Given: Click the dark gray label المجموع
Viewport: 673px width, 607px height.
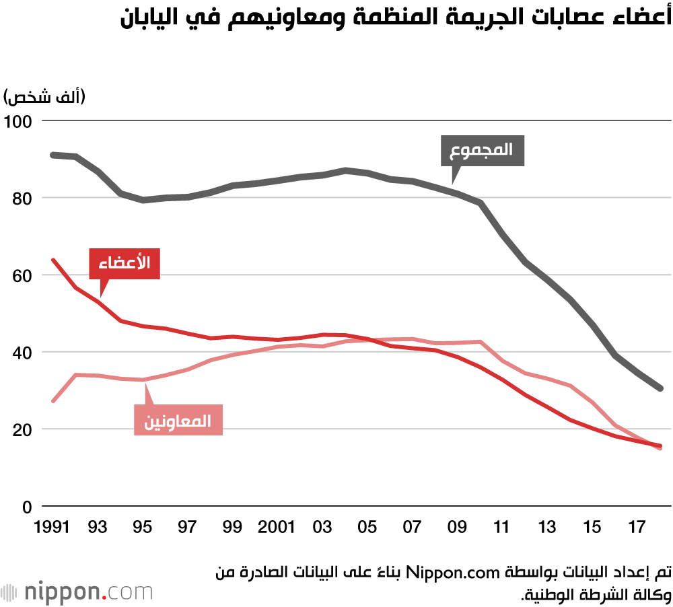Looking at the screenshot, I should (x=482, y=151).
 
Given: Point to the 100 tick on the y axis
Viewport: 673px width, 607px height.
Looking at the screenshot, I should (x=17, y=121).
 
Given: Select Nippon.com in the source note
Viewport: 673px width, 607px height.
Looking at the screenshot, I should (x=464, y=573).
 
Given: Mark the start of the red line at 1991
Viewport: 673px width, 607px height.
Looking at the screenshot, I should (x=53, y=260).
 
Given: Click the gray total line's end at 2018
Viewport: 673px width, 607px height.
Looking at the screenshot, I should (x=661, y=388).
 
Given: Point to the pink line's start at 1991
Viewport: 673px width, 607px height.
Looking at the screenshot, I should (x=53, y=401).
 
